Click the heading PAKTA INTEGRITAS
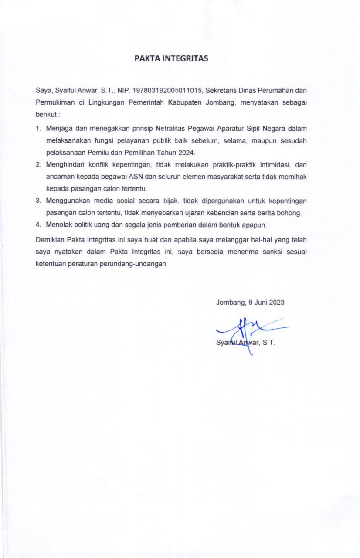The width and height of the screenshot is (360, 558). [171, 58]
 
